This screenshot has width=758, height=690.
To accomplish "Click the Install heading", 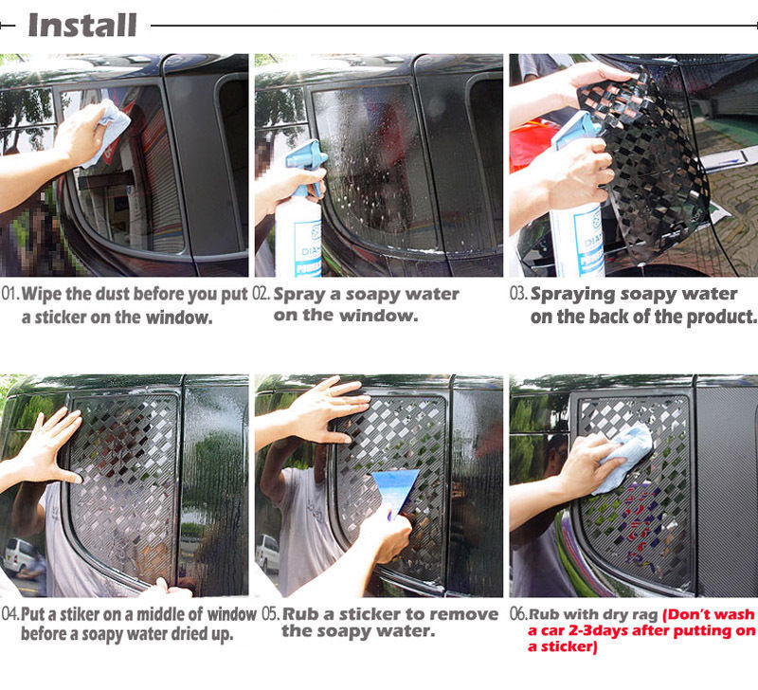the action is point(82,26).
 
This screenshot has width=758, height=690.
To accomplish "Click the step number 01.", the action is point(10,294).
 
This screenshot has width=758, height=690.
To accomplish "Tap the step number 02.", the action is point(262,294).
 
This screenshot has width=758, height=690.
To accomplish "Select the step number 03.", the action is point(518,294).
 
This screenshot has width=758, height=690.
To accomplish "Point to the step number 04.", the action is point(10,614).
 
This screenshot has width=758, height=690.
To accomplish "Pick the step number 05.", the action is point(271,614).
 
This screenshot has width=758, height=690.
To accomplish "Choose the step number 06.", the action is point(518,614).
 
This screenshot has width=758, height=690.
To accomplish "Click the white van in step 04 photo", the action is point(20,557).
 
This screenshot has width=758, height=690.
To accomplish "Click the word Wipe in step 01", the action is point(42,294).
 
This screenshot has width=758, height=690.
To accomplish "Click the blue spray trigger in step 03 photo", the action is point(578,129).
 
